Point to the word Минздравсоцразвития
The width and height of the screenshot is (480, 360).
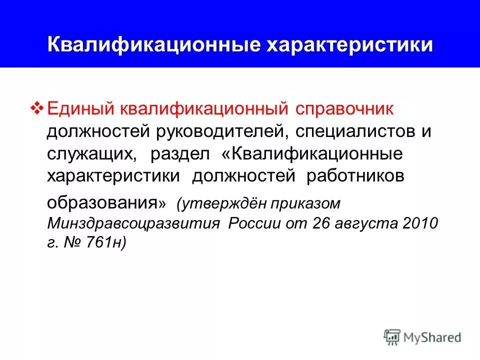133,223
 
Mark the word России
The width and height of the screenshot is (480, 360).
254,223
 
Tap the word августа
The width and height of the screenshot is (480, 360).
367,223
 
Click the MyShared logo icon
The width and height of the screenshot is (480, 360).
393,337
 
